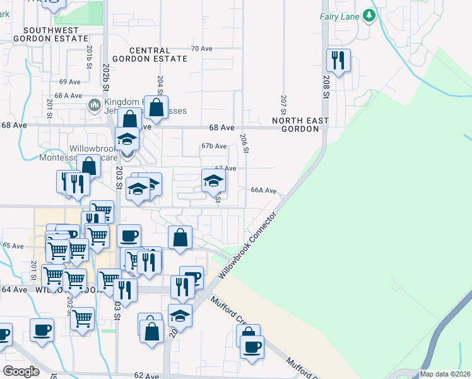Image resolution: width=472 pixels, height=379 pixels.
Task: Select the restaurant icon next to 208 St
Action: [338, 61]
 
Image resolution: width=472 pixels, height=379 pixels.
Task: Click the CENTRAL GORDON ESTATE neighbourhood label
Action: [158, 54]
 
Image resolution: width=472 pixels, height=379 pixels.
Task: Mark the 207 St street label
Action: [284, 102]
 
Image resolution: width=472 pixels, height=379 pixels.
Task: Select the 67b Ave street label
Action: [214, 147]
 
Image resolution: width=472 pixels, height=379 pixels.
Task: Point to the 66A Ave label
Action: [264, 190]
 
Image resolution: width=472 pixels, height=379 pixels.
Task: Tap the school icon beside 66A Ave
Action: [213, 181]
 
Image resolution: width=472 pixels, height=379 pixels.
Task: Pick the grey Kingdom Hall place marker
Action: [95, 105]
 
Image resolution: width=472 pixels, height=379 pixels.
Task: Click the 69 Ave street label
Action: [70, 82]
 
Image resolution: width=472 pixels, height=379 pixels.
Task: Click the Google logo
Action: [21, 371]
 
